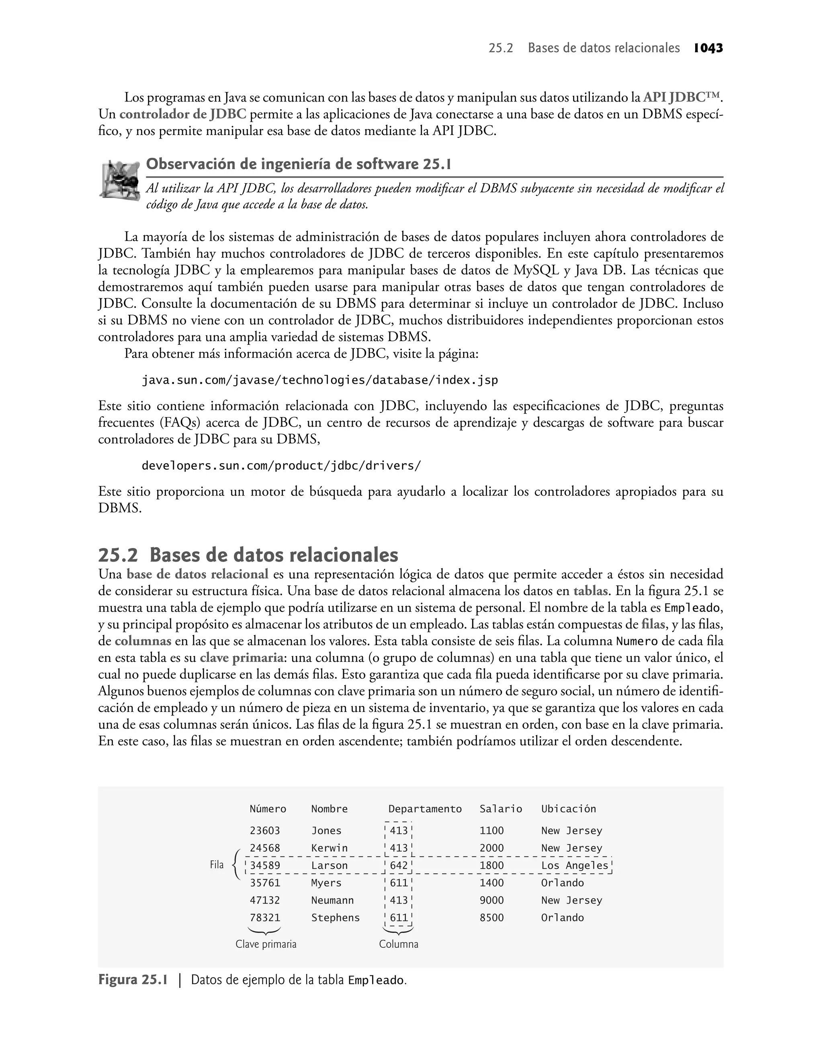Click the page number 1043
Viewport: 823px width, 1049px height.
pyautogui.click(x=708, y=48)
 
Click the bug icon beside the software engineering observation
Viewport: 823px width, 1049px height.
pyautogui.click(x=119, y=179)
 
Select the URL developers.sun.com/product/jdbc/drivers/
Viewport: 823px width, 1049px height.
pyautogui.click(x=281, y=466)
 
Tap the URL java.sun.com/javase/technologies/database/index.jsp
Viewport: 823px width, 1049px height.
pyautogui.click(x=319, y=380)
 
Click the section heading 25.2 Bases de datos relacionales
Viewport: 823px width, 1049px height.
pyautogui.click(x=248, y=555)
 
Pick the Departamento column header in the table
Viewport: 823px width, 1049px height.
pyautogui.click(x=425, y=809)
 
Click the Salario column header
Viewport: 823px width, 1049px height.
pyautogui.click(x=500, y=809)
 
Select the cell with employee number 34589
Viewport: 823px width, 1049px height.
pyautogui.click(x=264, y=865)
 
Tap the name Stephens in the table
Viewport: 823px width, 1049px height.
pyautogui.click(x=336, y=918)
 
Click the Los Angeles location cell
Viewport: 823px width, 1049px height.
pyautogui.click(x=574, y=865)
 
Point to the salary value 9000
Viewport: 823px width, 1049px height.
pyautogui.click(x=491, y=900)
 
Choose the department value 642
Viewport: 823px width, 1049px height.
pyautogui.click(x=399, y=865)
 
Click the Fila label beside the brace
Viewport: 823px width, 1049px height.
pyautogui.click(x=217, y=865)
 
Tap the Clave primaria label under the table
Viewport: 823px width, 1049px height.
pyautogui.click(x=266, y=944)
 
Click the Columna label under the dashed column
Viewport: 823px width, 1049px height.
pyautogui.click(x=399, y=944)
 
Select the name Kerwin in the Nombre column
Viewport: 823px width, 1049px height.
pyautogui.click(x=329, y=848)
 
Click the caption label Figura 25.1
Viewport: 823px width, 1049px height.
pyautogui.click(x=133, y=980)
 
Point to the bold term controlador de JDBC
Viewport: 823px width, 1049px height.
pyautogui.click(x=182, y=114)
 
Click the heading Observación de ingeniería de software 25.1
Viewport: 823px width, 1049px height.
pyautogui.click(x=298, y=164)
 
